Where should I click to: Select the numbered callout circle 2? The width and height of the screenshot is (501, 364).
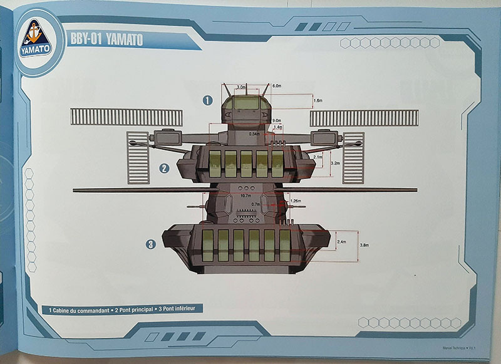164,168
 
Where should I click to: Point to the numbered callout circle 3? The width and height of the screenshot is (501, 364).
151,244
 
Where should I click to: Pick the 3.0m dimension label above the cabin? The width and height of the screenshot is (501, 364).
241,88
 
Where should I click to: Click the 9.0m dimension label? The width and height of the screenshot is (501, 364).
277,120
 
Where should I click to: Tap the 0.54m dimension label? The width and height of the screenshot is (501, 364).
254,133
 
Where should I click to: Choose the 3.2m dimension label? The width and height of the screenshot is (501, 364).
335,162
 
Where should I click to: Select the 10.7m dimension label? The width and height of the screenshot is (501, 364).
245,195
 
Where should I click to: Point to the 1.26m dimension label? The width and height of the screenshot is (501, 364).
297,201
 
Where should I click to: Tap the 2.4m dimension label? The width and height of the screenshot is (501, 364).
341,241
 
